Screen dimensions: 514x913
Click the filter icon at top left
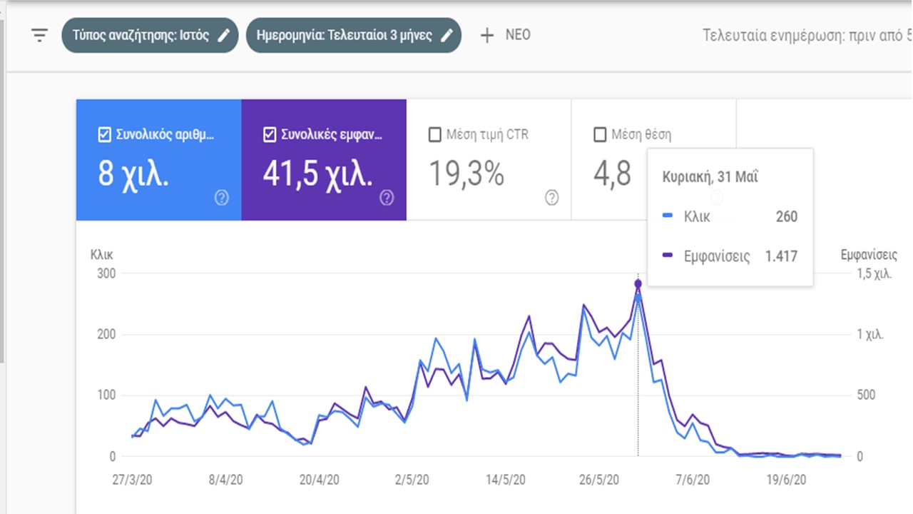pyautogui.click(x=39, y=35)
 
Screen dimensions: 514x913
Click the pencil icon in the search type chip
pyautogui.click(x=224, y=35)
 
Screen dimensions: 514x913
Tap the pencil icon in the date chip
pyautogui.click(x=447, y=35)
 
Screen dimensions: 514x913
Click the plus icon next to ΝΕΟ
pyautogui.click(x=487, y=35)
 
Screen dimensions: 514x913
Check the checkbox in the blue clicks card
pyautogui.click(x=105, y=134)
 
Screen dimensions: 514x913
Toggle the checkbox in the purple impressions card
pyautogui.click(x=270, y=134)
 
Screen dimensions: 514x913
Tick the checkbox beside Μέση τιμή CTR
pyautogui.click(x=434, y=134)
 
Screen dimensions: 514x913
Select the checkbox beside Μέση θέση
pyautogui.click(x=600, y=134)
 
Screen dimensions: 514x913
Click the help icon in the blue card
pyautogui.click(x=222, y=198)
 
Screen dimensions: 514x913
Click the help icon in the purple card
pyautogui.click(x=387, y=198)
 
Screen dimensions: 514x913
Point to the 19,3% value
pyautogui.click(x=466, y=173)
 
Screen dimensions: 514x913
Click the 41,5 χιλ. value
pyautogui.click(x=317, y=173)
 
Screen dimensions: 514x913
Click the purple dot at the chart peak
pyautogui.click(x=638, y=284)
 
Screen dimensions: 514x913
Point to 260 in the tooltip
pyautogui.click(x=786, y=217)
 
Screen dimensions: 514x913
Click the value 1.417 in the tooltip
pyautogui.click(x=781, y=256)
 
